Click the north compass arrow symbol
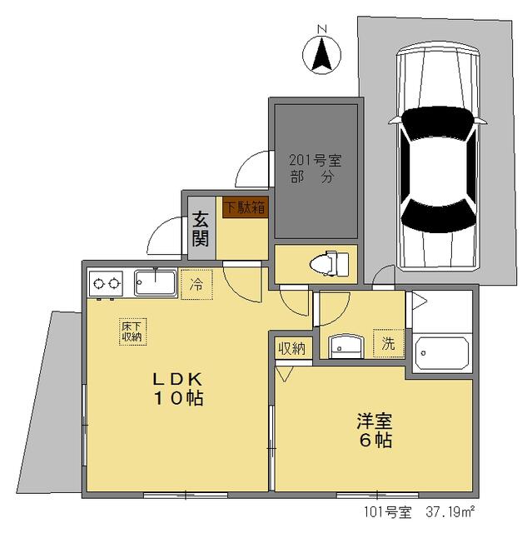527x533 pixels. coord(321,54)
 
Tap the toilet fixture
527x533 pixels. coord(329,263)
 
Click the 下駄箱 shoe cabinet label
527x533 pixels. coord(246,207)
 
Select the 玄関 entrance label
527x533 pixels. coord(201,229)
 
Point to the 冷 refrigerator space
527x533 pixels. coord(196,285)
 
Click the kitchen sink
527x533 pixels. coord(156,283)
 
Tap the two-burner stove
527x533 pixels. coord(105,283)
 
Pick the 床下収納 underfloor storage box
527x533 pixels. coord(132,331)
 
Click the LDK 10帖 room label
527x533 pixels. coord(179,389)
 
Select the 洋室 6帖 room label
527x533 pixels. coord(375,431)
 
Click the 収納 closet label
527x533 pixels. coord(292,349)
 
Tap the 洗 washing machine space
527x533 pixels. coord(388,343)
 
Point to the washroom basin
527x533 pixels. coord(346,346)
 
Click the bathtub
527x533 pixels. coord(442,354)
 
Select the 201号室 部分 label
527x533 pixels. coord(316,168)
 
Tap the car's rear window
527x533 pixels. coord(438,216)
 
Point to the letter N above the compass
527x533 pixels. coord(322,29)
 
